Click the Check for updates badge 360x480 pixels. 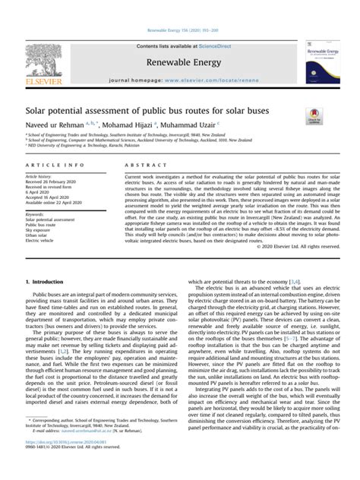point(312,116)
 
